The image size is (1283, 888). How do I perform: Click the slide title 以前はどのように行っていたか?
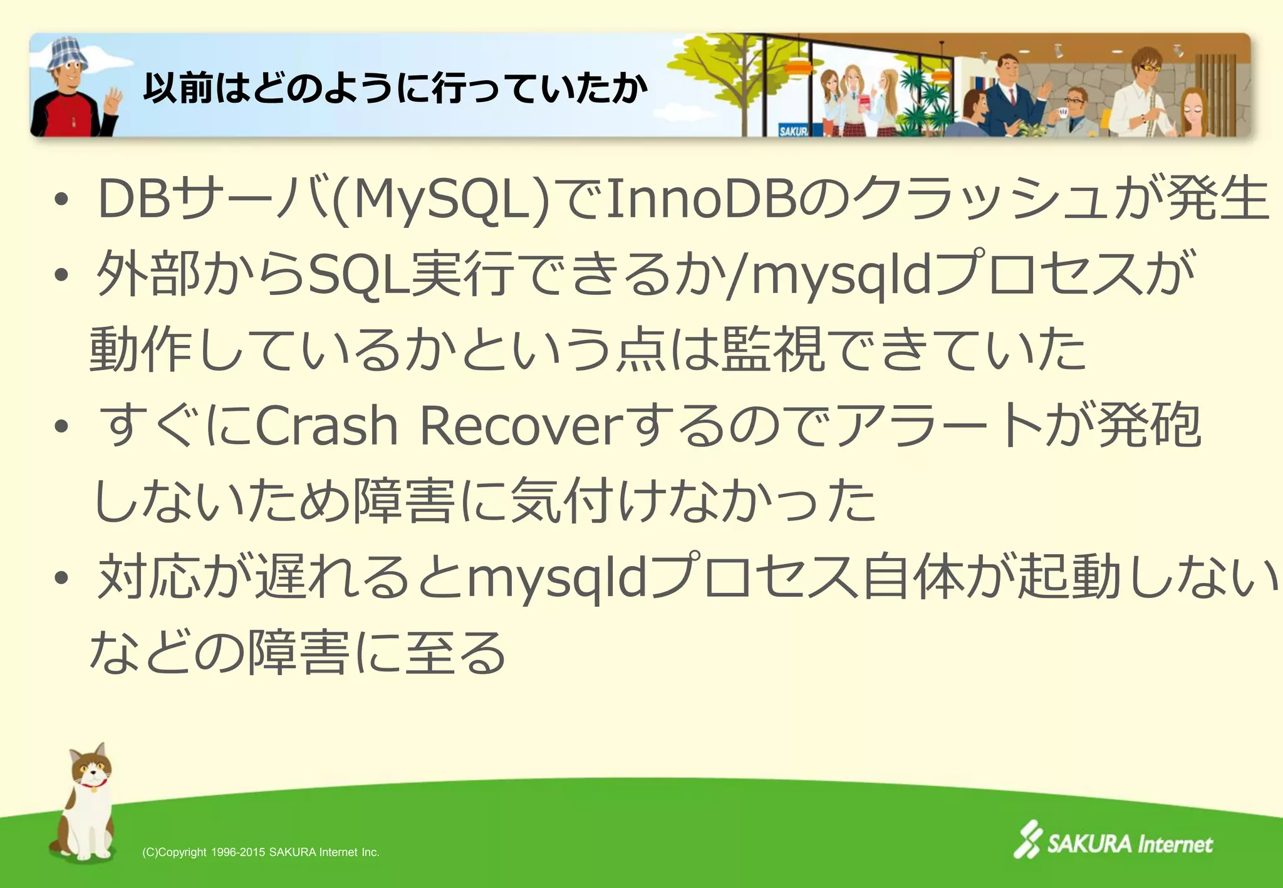pyautogui.click(x=395, y=88)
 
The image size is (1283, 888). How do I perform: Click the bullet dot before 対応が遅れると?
pyautogui.click(x=61, y=579)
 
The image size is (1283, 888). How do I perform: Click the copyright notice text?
pyautogui.click(x=261, y=852)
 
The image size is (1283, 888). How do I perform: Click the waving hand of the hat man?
pyautogui.click(x=113, y=100)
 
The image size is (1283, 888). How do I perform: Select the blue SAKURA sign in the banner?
pyautogui.click(x=793, y=130)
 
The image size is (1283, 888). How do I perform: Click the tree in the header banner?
pyautogui.click(x=733, y=69)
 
